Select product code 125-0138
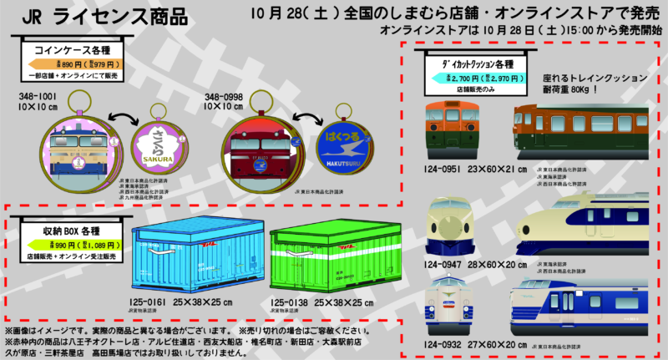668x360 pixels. tap(286, 303)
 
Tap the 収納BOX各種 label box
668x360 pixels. tap(67, 230)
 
